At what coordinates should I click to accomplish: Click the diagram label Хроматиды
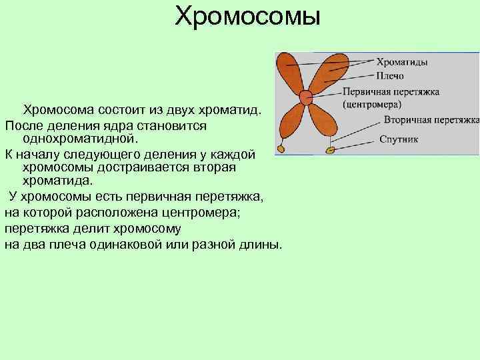point(403,61)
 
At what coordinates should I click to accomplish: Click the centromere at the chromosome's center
point(306,97)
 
